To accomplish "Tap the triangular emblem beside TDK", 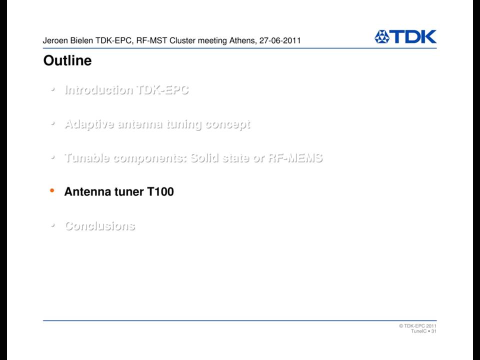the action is (381, 36).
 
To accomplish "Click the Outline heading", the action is (67, 60).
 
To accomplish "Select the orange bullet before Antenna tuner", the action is (52, 190).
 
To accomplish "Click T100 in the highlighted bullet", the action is (160, 191).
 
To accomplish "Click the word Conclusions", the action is (100, 226).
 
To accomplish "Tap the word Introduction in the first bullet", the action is (98, 89).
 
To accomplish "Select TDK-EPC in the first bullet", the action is (162, 89).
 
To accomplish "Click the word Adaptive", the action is (89, 124).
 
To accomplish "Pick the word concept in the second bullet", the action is (228, 124).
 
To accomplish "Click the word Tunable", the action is (87, 158).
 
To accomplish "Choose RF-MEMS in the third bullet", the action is (295, 158).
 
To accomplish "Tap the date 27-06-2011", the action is (280, 40).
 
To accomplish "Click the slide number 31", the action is (434, 331).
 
